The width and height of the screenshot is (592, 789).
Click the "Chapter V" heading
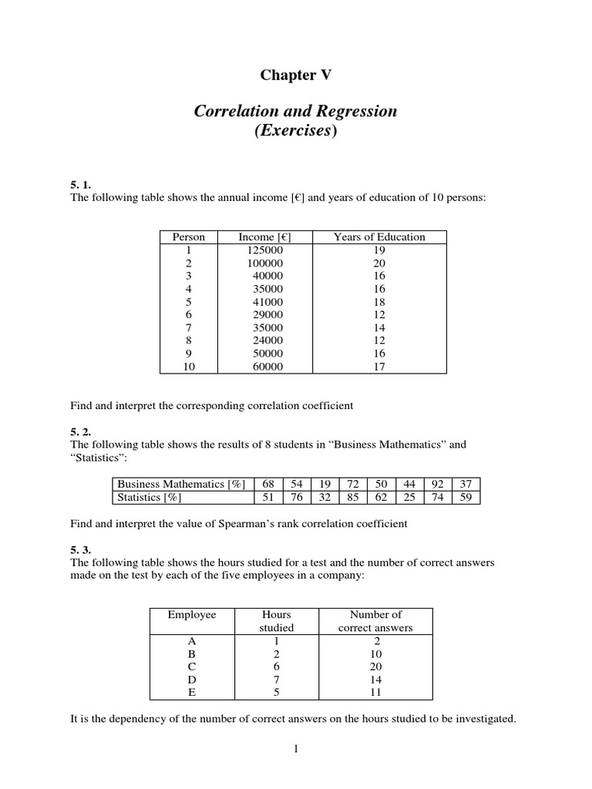click(295, 75)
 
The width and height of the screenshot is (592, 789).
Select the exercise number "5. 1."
click(81, 185)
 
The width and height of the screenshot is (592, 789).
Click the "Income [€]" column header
click(261, 237)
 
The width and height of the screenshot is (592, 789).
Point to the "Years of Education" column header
click(378, 237)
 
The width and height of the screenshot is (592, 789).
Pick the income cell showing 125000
click(261, 250)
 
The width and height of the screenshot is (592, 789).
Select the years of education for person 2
click(378, 264)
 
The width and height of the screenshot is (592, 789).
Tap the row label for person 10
click(189, 367)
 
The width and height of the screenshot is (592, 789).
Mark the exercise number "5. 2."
click(81, 432)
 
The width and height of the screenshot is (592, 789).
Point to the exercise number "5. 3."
click(81, 550)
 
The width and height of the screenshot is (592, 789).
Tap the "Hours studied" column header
click(276, 621)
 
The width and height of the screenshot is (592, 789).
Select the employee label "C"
click(192, 666)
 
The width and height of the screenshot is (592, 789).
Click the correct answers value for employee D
click(375, 680)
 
